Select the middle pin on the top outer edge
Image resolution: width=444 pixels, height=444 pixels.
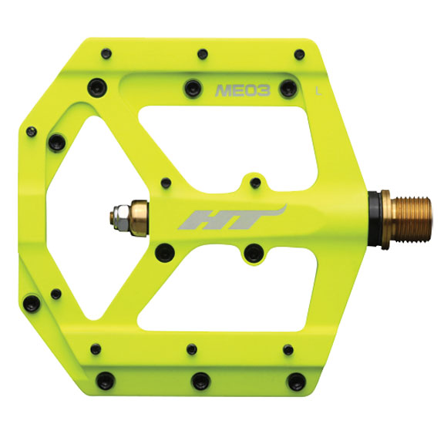202,55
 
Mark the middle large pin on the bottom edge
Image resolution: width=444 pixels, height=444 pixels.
200,379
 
